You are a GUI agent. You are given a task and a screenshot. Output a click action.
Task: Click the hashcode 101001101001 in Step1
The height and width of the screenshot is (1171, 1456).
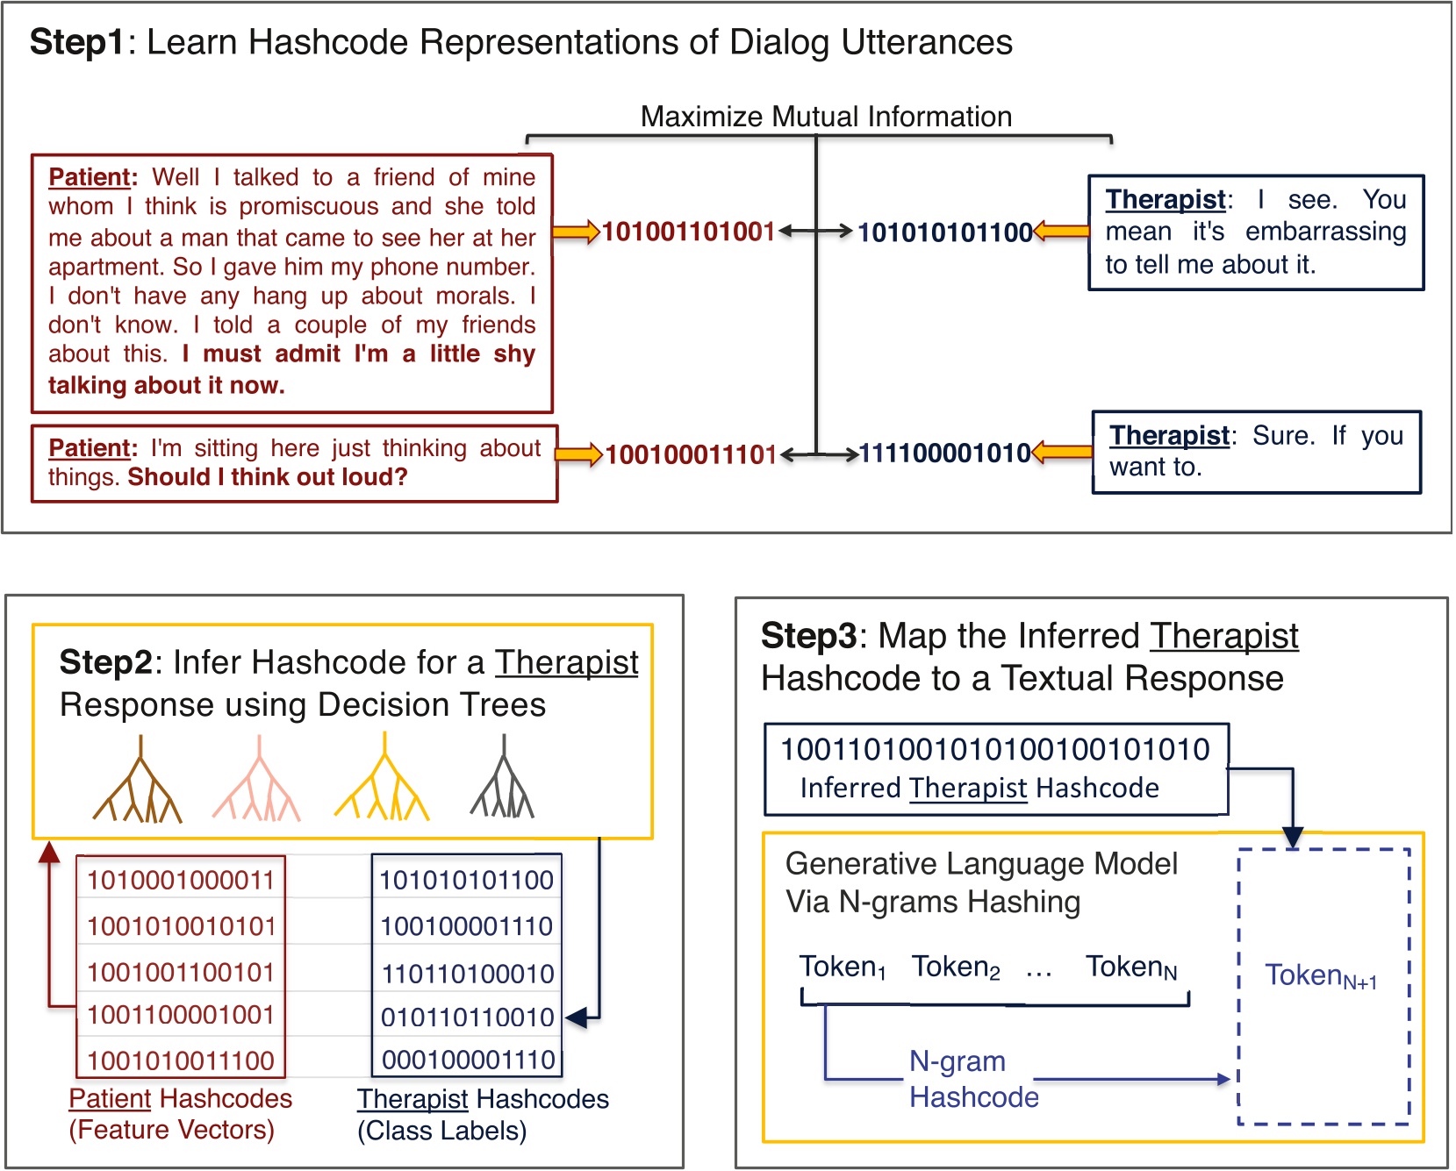pos(688,232)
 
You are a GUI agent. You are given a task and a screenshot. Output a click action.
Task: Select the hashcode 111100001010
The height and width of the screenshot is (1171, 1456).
pos(944,453)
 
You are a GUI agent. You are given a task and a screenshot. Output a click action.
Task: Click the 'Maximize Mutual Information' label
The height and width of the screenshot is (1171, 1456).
pos(825,117)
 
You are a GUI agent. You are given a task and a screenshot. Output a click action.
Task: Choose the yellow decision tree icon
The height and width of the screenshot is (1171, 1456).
pos(382,781)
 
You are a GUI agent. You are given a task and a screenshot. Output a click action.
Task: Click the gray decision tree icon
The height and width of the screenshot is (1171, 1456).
pos(503,781)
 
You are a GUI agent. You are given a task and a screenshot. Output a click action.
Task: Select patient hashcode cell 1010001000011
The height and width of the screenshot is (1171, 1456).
pos(181,880)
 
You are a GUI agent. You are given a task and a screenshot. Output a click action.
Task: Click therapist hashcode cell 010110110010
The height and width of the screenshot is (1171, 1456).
pos(467,1017)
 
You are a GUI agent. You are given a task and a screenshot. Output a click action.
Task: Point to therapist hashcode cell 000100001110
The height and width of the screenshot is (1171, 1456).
pos(467,1060)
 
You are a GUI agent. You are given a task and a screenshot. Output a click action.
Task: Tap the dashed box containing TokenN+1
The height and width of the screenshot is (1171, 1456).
pos(1323,987)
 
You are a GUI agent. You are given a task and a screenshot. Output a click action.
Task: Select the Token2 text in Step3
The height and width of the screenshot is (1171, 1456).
pos(955,967)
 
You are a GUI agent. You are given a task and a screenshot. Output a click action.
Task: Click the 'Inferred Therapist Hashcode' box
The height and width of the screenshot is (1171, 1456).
pos(995,768)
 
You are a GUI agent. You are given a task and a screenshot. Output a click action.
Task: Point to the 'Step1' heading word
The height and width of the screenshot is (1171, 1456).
pos(77,42)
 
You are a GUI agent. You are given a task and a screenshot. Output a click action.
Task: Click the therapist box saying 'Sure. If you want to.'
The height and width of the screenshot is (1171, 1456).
pos(1256,452)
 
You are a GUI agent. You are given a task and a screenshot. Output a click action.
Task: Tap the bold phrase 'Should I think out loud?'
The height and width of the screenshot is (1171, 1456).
pos(268,477)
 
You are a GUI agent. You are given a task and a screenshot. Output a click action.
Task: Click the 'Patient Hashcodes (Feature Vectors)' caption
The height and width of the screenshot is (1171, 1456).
pos(180,1114)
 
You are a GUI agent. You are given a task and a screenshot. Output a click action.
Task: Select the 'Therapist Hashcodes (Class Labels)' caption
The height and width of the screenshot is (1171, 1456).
pos(482,1115)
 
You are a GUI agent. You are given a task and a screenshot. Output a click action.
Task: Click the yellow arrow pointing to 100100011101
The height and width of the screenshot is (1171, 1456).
pos(578,454)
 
